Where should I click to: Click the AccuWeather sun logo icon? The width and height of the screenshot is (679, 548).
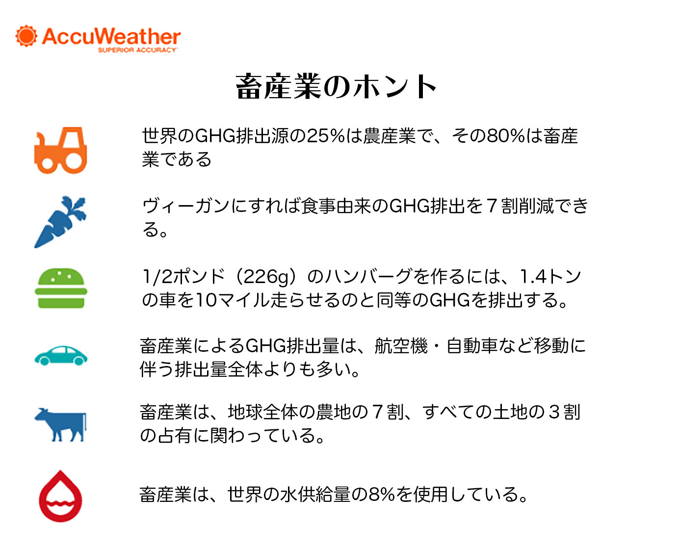click(26, 36)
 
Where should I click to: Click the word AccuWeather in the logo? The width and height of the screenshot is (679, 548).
click(111, 36)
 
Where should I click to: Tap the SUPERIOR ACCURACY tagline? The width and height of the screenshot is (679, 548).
click(137, 50)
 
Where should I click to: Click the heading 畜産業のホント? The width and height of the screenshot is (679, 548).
click(336, 86)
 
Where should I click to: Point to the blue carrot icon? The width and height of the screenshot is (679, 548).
click(60, 222)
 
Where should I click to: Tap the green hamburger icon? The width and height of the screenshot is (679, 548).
click(60, 288)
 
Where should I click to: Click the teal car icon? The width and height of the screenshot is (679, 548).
click(60, 355)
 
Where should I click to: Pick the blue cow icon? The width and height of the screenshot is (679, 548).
click(60, 424)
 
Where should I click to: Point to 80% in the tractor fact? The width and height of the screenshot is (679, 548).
click(506, 136)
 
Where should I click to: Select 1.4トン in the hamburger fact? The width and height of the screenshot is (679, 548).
click(550, 276)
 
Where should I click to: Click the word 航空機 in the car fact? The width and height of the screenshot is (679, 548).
click(401, 345)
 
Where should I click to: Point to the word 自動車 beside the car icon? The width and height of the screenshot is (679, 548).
click(472, 345)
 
